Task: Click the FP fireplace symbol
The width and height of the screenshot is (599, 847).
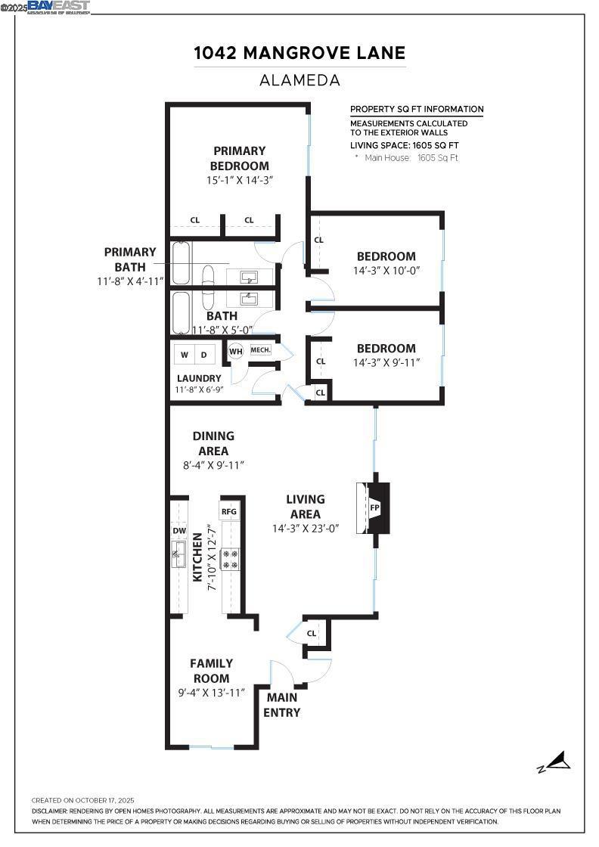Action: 374,507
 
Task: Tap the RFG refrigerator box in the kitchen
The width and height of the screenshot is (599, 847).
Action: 229,512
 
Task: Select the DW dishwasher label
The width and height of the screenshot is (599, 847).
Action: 179,531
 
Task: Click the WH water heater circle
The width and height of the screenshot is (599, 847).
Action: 235,351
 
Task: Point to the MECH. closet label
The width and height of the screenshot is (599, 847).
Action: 260,350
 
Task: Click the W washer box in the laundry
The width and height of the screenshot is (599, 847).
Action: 185,355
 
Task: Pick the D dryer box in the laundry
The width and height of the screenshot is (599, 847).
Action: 204,355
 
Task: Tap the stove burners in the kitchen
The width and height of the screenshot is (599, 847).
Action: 230,559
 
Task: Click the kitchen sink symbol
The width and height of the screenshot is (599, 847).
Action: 179,558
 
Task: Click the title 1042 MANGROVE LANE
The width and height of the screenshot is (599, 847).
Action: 299,53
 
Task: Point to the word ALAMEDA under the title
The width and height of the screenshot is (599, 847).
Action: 299,79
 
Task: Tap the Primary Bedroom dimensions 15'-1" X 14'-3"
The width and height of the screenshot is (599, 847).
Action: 239,181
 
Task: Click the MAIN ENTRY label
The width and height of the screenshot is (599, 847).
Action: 281,705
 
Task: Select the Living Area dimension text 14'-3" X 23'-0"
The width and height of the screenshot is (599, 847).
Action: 306,529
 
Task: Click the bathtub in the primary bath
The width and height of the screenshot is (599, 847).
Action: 181,263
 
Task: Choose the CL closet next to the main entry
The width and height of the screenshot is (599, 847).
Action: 312,633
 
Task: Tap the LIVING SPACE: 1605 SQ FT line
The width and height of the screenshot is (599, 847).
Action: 404,145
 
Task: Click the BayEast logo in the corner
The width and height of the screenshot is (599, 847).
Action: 58,8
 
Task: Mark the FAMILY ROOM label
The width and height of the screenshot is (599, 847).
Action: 211,671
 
